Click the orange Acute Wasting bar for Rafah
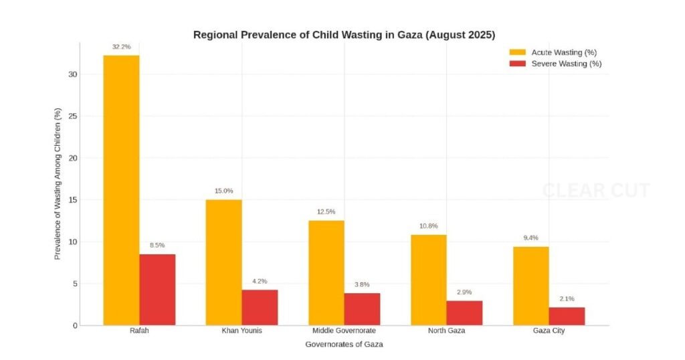point(121,190)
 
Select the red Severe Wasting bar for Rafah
point(157,290)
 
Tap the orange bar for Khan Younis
point(223,262)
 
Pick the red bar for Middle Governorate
point(362,309)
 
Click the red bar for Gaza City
point(567,317)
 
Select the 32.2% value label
point(121,47)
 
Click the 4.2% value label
point(260,281)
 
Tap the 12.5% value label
point(326,212)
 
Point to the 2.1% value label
point(567,298)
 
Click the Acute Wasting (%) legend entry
point(555,52)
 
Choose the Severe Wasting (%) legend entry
point(555,64)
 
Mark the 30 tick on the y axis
point(73,74)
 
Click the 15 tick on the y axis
point(73,200)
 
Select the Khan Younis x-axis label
point(241,331)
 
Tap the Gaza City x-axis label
point(549,331)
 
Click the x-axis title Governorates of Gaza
point(344,345)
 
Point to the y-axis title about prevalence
point(58,183)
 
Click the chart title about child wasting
point(344,35)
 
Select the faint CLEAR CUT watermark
point(595,191)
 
